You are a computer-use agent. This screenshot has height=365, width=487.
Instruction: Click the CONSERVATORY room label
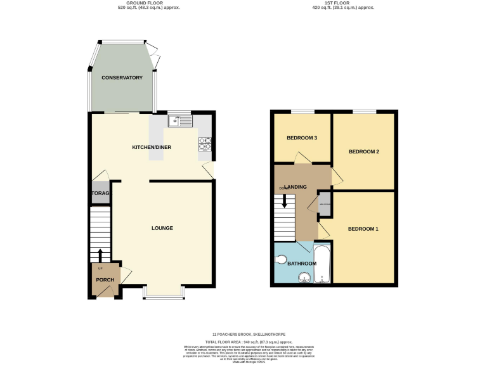pos(122,77)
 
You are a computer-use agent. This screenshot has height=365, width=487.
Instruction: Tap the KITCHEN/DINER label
pos(152,147)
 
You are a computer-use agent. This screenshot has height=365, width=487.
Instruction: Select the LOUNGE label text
pos(162,228)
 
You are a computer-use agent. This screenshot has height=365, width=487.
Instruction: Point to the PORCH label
pos(105,280)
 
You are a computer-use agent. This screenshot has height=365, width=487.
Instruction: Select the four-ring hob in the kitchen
pos(205,144)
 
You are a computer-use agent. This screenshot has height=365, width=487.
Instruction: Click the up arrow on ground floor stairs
pos(100,255)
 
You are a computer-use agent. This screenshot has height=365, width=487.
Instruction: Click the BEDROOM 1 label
pos(363,229)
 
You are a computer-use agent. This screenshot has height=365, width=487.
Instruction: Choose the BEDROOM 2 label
pos(364,151)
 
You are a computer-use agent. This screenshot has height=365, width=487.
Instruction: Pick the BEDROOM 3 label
pos(302,138)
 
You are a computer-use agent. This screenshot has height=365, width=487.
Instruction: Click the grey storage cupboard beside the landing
pos(324,200)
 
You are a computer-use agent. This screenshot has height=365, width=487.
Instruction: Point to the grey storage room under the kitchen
pos(100,193)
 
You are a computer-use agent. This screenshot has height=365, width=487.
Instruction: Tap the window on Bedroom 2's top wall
pos(364,112)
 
